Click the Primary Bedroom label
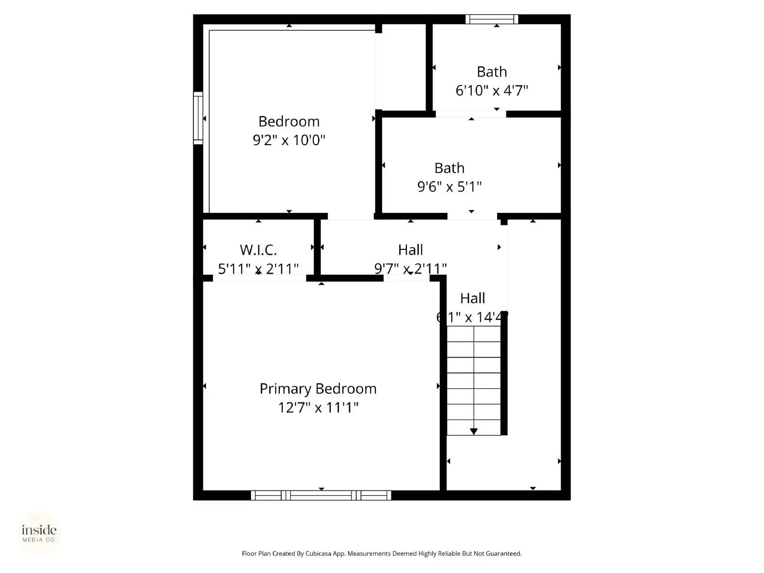click(318, 389)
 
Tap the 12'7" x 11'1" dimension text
click(318, 408)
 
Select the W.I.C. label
click(258, 250)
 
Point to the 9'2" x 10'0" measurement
click(289, 140)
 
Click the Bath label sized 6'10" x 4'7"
click(492, 72)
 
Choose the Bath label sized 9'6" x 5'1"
click(449, 168)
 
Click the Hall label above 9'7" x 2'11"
click(411, 250)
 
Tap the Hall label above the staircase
click(473, 298)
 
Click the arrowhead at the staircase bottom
click(474, 432)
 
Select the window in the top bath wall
click(492, 20)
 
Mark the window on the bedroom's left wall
click(198, 118)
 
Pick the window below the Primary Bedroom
click(321, 496)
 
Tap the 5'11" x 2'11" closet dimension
click(258, 269)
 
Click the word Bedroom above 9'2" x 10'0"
click(289, 121)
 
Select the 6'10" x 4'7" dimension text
click(492, 91)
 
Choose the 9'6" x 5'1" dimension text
click(449, 187)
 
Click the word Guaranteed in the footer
click(503, 554)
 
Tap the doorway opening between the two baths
click(471, 114)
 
